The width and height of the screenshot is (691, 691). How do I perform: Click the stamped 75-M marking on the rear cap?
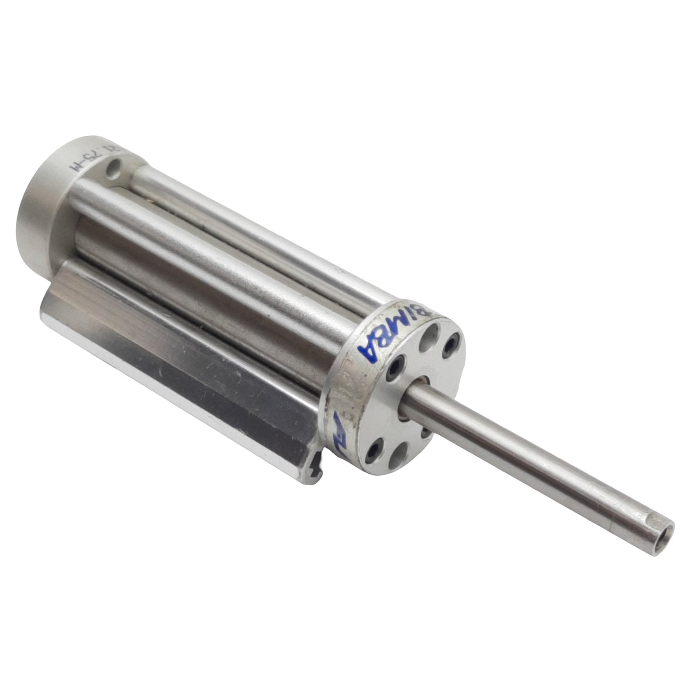tap(90, 164)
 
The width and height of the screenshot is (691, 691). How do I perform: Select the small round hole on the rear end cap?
tap(113, 168)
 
